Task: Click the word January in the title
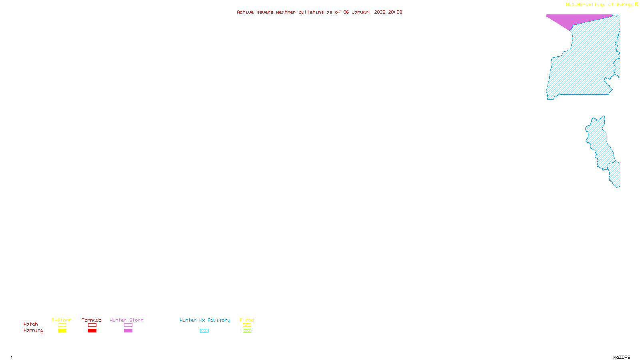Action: pos(362,12)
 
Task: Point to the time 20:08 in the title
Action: pos(395,12)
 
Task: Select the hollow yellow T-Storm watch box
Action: pos(62,325)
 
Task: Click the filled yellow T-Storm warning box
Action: pos(62,331)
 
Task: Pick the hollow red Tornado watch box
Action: pos(92,325)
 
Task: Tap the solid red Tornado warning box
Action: pos(92,331)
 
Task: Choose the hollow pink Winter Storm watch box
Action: pos(128,325)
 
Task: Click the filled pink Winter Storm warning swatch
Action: pos(128,331)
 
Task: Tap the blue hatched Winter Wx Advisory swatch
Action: pos(204,331)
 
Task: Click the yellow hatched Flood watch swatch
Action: pos(247,325)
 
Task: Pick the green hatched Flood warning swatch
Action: pos(247,331)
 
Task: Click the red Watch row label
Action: pos(31,324)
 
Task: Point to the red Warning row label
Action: pos(33,330)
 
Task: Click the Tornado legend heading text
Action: pos(92,320)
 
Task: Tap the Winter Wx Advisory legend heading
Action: pos(205,320)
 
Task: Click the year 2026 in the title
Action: pos(380,12)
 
